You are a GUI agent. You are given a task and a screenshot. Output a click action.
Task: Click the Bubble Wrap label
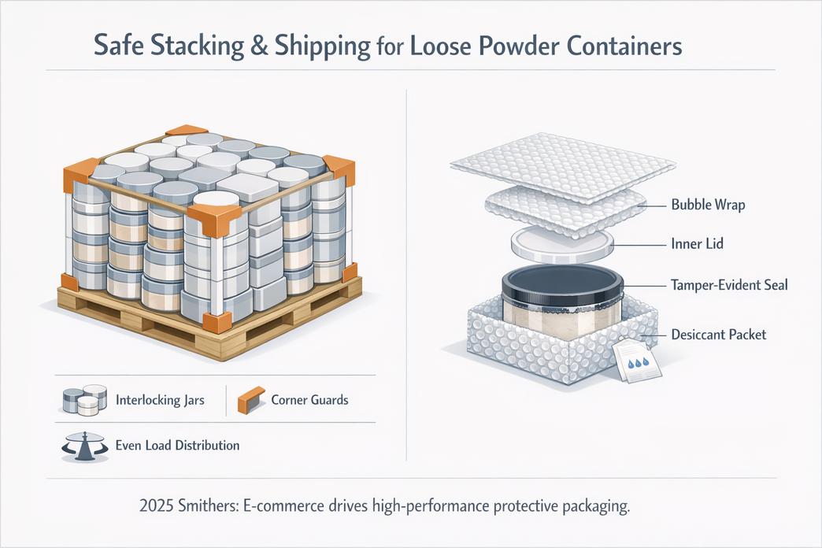[x=708, y=205]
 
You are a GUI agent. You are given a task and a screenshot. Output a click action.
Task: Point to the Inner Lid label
[x=697, y=244]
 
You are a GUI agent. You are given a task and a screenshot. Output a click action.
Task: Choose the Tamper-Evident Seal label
[x=729, y=285]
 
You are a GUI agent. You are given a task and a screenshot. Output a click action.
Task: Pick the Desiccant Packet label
[x=718, y=335]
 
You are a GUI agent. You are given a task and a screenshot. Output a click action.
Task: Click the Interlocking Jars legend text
[x=159, y=400]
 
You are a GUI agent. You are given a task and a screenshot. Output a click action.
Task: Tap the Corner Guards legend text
[x=309, y=400]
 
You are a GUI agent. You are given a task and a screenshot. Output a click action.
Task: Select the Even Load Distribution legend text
[x=177, y=446]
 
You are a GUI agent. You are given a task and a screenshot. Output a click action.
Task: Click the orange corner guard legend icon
[x=248, y=400]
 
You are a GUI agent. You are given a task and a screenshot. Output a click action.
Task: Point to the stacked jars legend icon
[x=84, y=400]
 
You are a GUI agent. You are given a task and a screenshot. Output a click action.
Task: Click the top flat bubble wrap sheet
[x=562, y=162]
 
